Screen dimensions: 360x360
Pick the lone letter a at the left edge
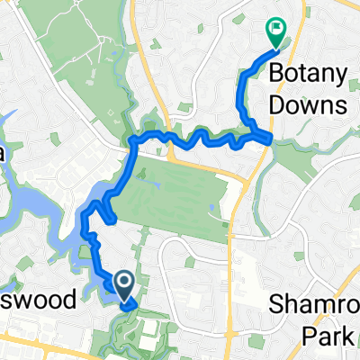[3, 155]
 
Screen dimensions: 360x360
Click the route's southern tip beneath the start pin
[131, 305]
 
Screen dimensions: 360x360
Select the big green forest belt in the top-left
[72, 54]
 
